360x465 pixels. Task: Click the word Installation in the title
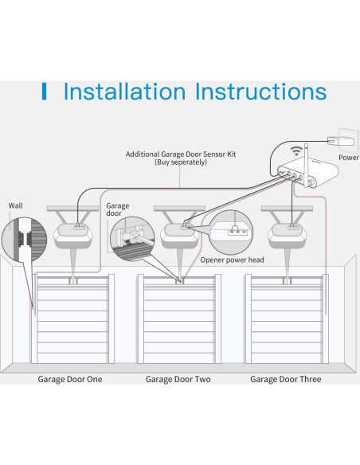coord(124,91)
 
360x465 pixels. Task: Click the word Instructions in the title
coord(261,91)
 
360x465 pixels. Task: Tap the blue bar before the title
coord(44,92)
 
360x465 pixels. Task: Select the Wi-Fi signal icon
coord(296,151)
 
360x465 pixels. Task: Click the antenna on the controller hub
coord(307,165)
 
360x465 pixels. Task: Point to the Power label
coord(349,158)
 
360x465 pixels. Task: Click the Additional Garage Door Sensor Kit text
coord(181,154)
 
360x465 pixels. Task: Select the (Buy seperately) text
coord(181,162)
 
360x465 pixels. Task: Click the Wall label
coord(15,205)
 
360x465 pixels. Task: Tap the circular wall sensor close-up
coord(25,240)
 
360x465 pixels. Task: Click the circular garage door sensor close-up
coord(132,239)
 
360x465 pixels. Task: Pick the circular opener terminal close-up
coord(231,232)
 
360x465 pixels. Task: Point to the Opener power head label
coord(233,260)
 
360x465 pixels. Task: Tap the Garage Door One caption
coord(70,379)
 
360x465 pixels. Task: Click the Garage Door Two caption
coord(178,379)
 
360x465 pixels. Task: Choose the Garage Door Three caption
coord(286,379)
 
